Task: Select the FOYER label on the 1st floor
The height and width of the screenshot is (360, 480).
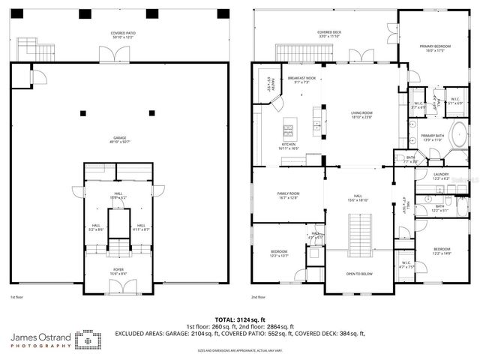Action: pos(118,271)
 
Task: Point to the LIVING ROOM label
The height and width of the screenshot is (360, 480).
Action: pos(361,115)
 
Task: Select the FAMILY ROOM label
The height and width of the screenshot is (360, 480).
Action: pos(289,195)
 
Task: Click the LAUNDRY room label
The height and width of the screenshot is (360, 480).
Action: pos(441,175)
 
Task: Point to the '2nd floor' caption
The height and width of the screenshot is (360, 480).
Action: pos(260,298)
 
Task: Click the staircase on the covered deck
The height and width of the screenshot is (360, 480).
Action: pos(296,52)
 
